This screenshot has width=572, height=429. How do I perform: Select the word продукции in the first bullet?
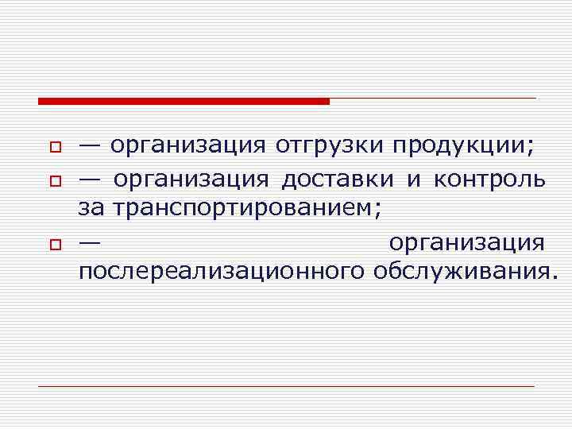462,147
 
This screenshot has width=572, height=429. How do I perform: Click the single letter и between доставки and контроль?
414,180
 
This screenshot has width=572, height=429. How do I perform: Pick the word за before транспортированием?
92,209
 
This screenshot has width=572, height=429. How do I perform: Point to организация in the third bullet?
467,242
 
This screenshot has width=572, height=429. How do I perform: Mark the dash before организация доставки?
90,180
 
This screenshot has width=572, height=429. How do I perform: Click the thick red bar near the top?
184,101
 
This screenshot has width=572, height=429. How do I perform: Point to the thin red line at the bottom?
286,386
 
